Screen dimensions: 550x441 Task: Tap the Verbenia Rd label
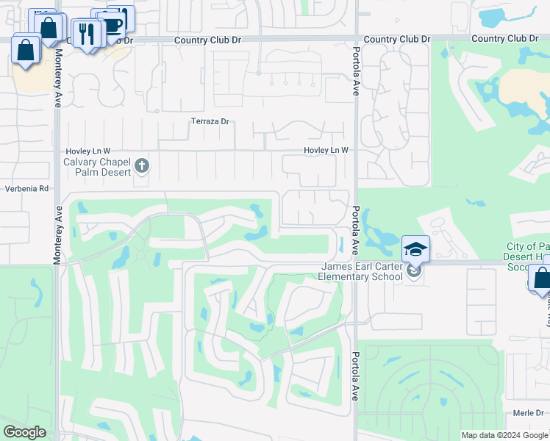pos(26,188)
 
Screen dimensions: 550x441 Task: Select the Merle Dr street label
pos(529,413)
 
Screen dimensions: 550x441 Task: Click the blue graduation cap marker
pos(415,248)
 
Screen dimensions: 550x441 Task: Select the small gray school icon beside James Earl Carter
pos(413,271)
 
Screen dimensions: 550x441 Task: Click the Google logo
pos(24,432)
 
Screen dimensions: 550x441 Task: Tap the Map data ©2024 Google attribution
pos(505,435)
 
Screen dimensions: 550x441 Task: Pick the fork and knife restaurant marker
pos(87,33)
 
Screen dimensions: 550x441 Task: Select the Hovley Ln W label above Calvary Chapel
pos(87,151)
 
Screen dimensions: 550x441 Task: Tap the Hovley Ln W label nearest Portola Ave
pos(326,151)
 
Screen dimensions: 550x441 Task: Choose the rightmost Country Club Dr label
pos(510,38)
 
